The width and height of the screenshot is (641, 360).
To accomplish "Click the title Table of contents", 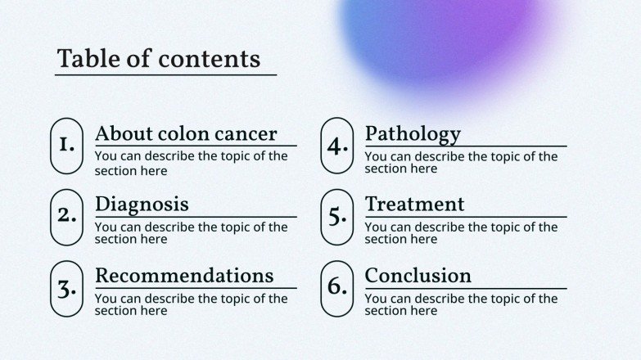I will click(159, 59).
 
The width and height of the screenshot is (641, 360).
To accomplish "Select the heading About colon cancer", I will click(186, 133).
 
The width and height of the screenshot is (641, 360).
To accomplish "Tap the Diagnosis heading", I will click(142, 204).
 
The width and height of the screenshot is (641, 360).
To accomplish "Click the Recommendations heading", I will click(184, 275).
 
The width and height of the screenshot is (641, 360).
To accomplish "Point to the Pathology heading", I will click(413, 133).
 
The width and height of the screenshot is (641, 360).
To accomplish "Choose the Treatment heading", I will click(414, 204).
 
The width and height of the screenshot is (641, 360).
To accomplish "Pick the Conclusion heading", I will click(418, 275).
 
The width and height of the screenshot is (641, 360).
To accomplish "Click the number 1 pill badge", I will click(67, 146).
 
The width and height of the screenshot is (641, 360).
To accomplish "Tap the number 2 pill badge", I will click(67, 217).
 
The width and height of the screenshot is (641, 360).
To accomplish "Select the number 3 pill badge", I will click(67, 288).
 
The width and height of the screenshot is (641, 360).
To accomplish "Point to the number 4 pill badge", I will click(336, 146).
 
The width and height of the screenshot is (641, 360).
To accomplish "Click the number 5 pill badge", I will click(336, 217).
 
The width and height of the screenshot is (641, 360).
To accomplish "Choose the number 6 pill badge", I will click(336, 288).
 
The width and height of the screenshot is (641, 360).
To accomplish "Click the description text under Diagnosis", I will click(191, 233).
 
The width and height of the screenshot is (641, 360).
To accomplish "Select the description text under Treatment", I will click(461, 233).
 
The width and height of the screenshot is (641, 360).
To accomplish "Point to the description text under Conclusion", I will click(461, 304).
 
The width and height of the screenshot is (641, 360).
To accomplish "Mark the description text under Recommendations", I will click(191, 304).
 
